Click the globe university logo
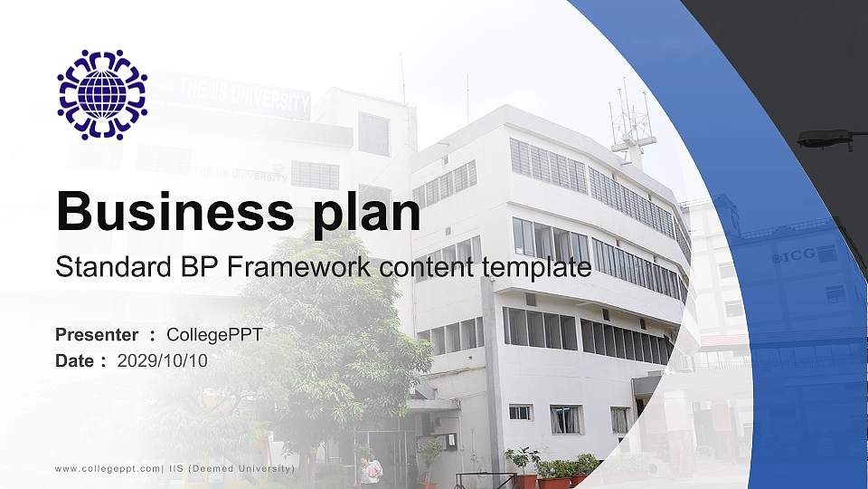(x=102, y=94)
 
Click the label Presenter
(x=97, y=335)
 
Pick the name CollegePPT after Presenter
(x=215, y=335)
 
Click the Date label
(x=77, y=360)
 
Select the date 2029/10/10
(x=163, y=360)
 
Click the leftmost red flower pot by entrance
(x=522, y=479)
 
